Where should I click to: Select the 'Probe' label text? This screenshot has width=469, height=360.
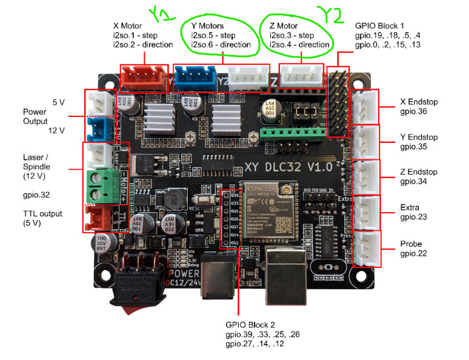(411, 244)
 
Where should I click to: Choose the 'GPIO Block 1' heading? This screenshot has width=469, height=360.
(379, 26)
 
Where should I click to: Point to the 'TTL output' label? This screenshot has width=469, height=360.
(43, 213)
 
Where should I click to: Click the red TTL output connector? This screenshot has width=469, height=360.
(97, 219)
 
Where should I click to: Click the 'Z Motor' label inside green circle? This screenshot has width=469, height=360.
(284, 26)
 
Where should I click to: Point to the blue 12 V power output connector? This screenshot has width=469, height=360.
(97, 128)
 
